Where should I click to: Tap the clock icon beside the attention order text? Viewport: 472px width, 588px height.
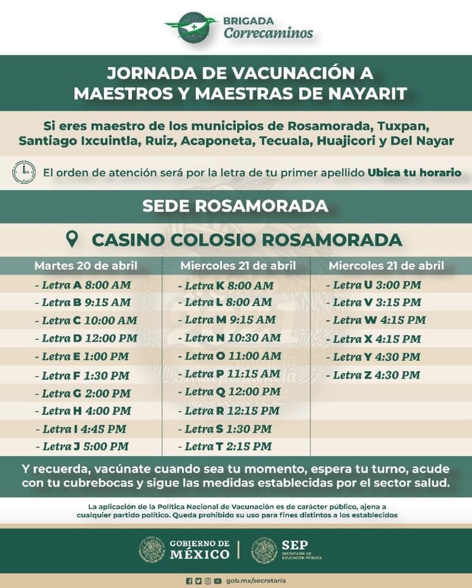tap(24, 172)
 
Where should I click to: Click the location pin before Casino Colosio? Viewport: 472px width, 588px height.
tap(72, 239)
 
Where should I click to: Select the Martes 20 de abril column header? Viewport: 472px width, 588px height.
tap(86, 266)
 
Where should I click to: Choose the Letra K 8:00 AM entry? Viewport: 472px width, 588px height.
tap(226, 285)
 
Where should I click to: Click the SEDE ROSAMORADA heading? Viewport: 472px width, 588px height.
tap(235, 206)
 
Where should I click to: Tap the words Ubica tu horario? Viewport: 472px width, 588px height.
tap(414, 172)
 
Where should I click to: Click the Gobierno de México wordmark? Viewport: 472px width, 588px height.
tap(199, 549)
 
